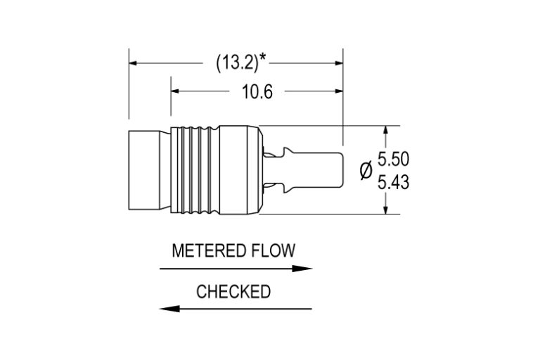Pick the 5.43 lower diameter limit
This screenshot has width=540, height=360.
pyautogui.click(x=393, y=183)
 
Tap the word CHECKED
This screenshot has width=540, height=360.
pyautogui.click(x=233, y=292)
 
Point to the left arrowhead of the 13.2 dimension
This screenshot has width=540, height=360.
pyautogui.click(x=134, y=63)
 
